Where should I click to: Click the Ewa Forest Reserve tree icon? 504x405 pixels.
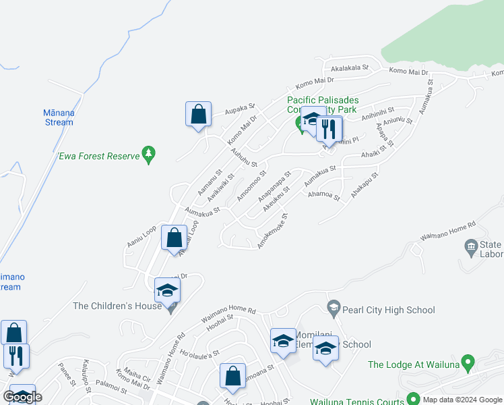click(x=149, y=155)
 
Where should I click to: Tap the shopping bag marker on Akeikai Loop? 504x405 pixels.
click(x=175, y=238)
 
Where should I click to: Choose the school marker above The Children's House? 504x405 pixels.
click(x=167, y=290)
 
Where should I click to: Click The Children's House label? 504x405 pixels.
click(x=117, y=306)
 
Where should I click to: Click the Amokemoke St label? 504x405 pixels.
click(x=273, y=232)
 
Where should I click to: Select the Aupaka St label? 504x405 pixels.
click(x=241, y=107)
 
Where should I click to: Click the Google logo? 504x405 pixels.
click(x=22, y=397)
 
